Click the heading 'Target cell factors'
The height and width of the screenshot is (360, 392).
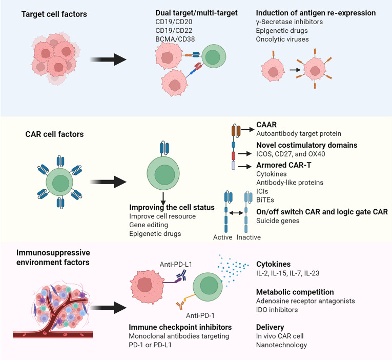click(54, 14)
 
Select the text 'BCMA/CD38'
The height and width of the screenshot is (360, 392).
click(175, 39)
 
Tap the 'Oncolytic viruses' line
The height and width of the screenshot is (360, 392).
click(282, 39)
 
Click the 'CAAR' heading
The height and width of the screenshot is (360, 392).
click(266, 125)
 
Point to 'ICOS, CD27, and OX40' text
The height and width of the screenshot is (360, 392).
click(291, 154)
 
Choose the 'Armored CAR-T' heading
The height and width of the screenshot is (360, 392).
click(284, 165)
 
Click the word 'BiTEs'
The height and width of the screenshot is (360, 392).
click(265, 200)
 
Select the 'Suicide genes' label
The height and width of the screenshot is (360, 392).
click(278, 221)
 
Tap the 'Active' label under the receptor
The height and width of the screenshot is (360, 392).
click(222, 237)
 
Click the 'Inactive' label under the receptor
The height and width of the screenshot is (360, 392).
click(249, 237)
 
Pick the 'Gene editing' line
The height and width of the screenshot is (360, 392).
click(149, 225)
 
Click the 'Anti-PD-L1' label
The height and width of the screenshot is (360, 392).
click(176, 265)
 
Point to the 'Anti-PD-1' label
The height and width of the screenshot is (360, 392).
click(200, 316)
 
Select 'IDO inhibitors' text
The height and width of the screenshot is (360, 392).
click(277, 310)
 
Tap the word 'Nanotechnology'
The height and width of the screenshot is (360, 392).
click(281, 345)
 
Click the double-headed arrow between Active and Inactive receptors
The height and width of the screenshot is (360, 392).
click(236, 213)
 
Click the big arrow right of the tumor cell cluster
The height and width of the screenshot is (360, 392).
click(108, 59)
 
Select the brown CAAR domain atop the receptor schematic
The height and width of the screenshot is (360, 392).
click(236, 131)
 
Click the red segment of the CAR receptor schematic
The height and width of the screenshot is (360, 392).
click(233, 155)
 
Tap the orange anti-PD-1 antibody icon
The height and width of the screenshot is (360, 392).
click(180, 305)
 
